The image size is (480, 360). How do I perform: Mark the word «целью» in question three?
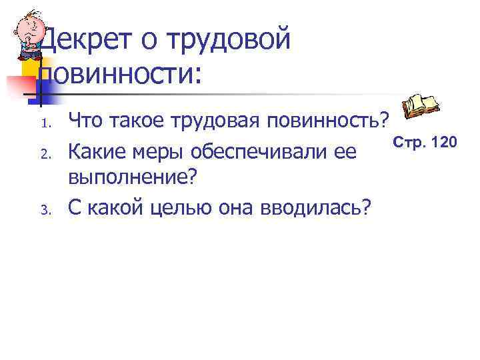193,208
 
